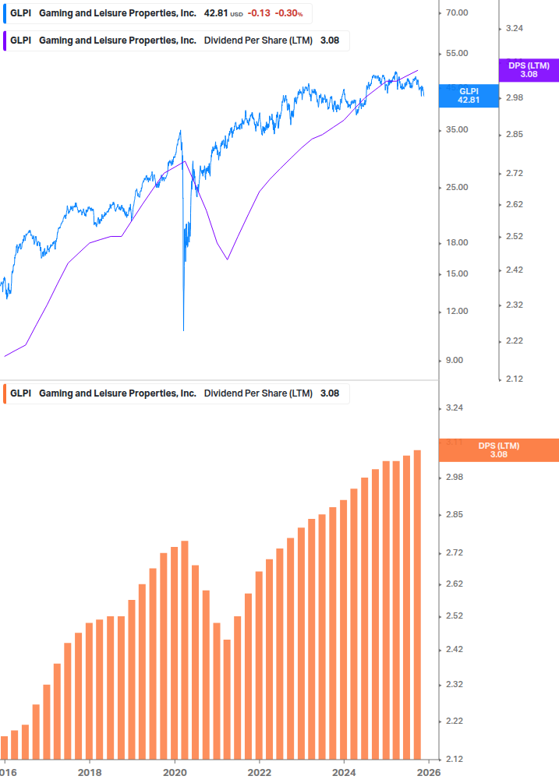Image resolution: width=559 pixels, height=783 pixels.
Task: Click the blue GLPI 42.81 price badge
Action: [468, 95]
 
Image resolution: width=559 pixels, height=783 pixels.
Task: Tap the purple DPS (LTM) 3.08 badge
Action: [528, 70]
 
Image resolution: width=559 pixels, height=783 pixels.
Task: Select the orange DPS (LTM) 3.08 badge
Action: [499, 450]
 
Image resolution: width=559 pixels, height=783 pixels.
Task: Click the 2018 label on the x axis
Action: [90, 771]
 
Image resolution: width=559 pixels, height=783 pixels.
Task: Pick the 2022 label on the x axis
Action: [260, 771]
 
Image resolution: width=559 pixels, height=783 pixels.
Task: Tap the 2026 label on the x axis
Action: [429, 771]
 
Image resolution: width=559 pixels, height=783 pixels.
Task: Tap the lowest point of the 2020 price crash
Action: [183, 330]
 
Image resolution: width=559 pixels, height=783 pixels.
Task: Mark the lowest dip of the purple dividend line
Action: [227, 259]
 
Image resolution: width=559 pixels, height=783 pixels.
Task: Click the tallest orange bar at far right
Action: [417, 604]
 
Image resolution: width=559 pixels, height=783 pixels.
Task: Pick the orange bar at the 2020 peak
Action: [185, 649]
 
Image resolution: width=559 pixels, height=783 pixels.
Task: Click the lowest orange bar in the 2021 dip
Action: [227, 698]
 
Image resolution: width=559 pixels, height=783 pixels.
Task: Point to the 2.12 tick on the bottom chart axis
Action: [453, 759]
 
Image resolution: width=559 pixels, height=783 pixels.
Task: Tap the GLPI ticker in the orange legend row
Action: [20, 393]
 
